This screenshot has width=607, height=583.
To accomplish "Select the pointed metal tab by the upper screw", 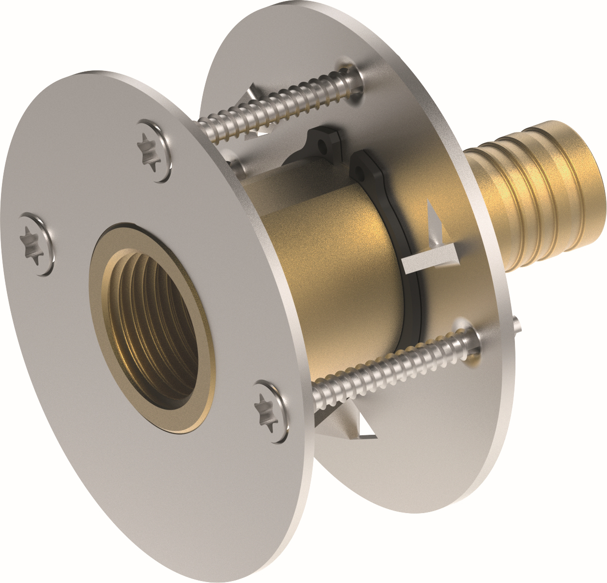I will coord(254,94).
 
